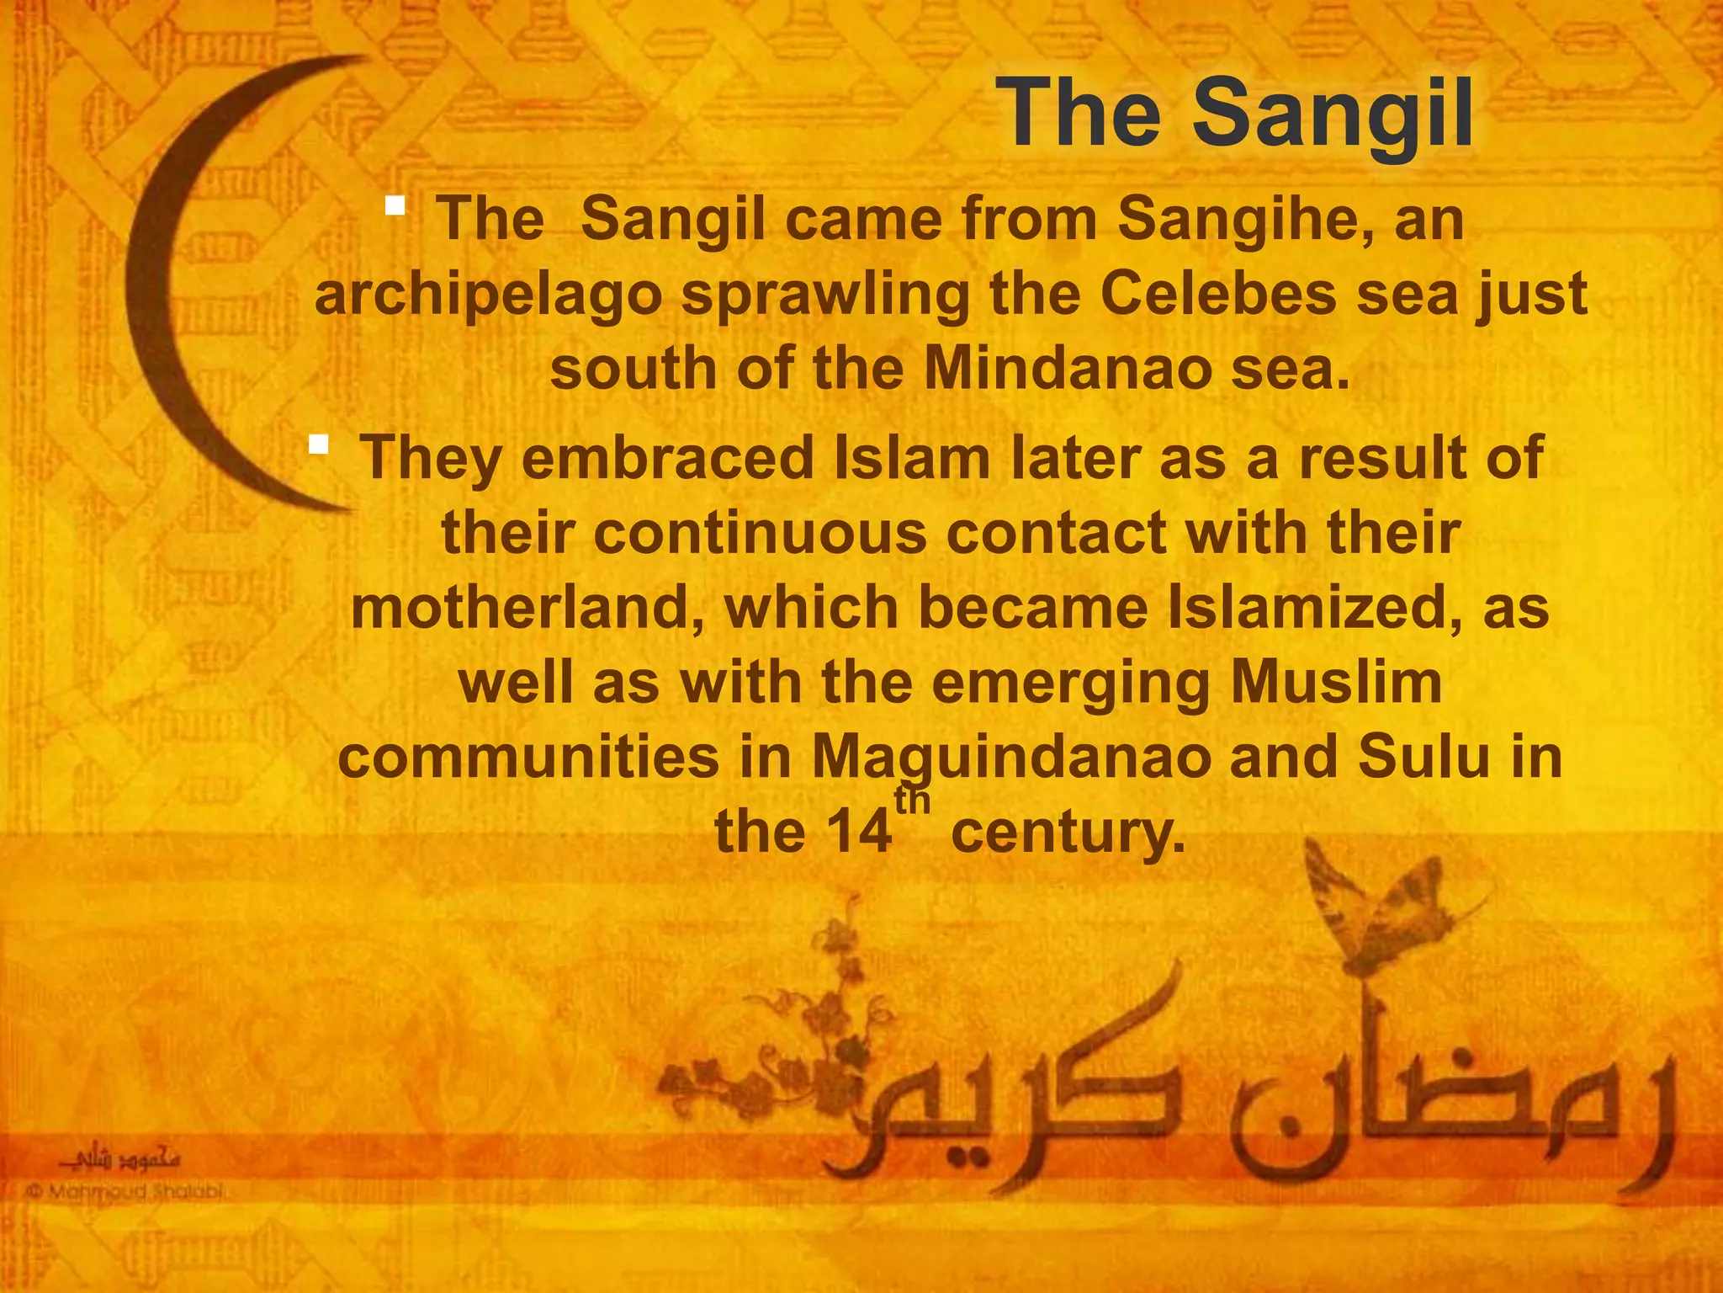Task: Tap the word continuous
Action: click(x=760, y=534)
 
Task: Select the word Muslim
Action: click(x=1336, y=683)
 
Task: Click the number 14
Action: click(x=857, y=832)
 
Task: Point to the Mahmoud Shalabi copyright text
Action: click(x=126, y=1192)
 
